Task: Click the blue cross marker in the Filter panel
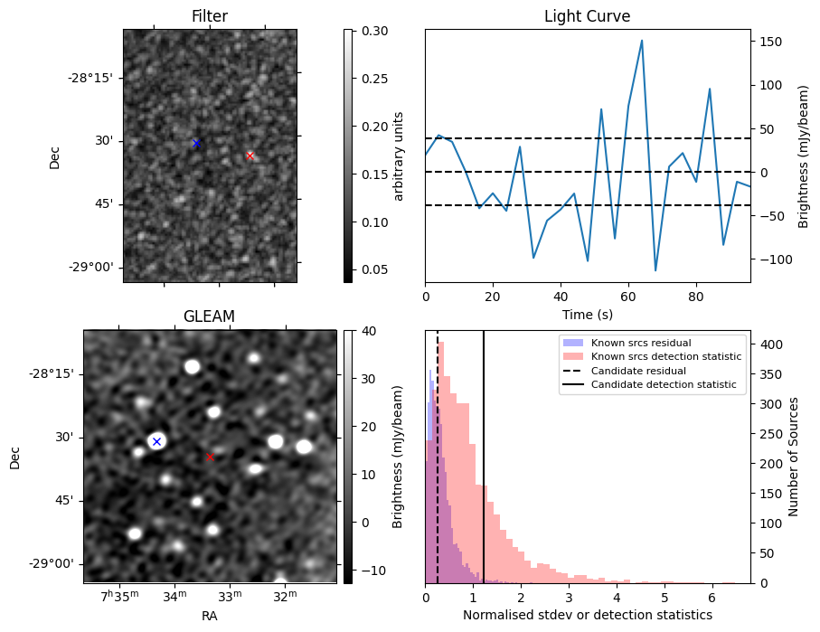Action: [196, 143]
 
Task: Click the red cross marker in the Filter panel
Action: [250, 156]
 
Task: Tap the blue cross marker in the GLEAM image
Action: [156, 441]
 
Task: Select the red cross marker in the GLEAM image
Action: [210, 457]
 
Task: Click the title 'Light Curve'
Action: [587, 16]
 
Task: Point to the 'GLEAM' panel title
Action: [209, 316]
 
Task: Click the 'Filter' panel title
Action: [210, 16]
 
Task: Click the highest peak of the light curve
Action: [642, 41]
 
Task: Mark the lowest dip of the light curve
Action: [655, 270]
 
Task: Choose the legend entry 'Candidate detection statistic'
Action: [663, 385]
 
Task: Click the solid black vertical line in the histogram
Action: [484, 452]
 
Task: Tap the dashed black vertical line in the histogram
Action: [438, 452]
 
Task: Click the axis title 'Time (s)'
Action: [587, 314]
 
